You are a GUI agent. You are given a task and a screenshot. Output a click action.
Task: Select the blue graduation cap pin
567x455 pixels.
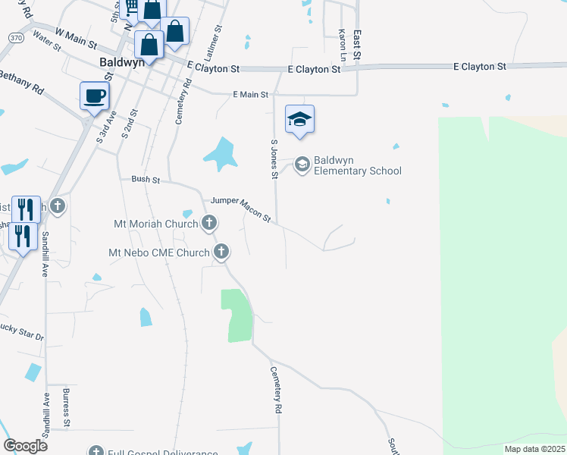[x=300, y=120]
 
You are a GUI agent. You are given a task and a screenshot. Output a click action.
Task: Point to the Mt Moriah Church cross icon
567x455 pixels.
[x=209, y=223]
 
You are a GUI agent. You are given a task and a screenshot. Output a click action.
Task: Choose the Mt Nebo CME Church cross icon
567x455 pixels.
[x=221, y=253]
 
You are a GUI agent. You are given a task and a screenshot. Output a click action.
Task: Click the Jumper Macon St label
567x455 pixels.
[x=240, y=208]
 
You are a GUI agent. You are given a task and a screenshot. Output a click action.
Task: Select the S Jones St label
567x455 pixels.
[x=274, y=158]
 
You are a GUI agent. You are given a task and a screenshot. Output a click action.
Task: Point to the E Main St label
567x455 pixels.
[x=250, y=95]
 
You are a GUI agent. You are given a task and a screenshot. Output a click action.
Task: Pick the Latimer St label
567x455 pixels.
[x=218, y=39]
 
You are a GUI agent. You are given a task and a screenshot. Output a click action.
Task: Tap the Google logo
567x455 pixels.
[x=24, y=445]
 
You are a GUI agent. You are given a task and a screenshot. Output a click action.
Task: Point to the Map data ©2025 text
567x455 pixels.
[x=534, y=449]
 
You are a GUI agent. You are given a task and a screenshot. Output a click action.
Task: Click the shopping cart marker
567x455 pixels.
[x=130, y=8]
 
